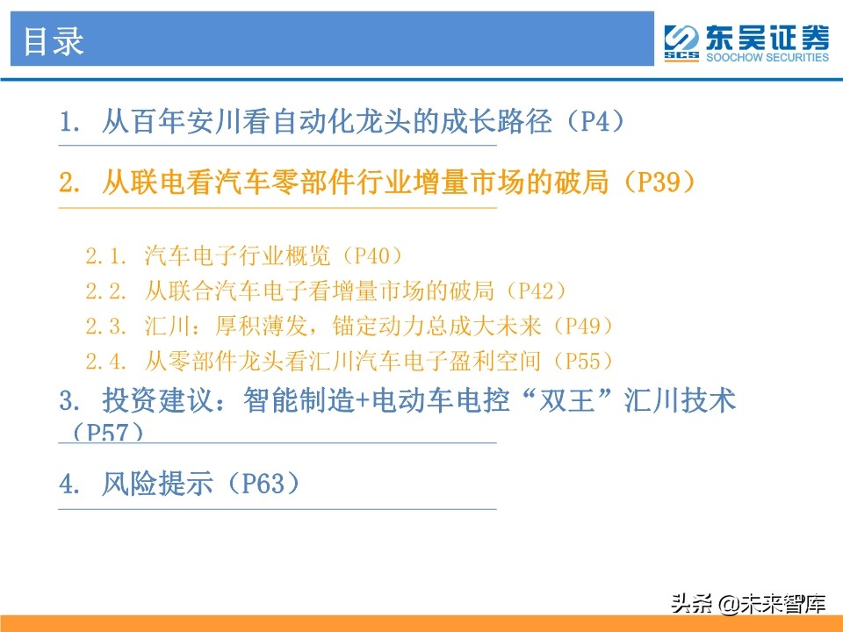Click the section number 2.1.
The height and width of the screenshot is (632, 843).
(108, 256)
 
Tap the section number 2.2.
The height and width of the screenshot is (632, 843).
(108, 290)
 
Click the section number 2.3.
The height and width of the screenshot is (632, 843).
(108, 326)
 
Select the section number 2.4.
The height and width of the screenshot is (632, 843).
(108, 360)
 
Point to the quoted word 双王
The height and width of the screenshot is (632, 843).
(566, 401)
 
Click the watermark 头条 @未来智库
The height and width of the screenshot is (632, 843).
(747, 603)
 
